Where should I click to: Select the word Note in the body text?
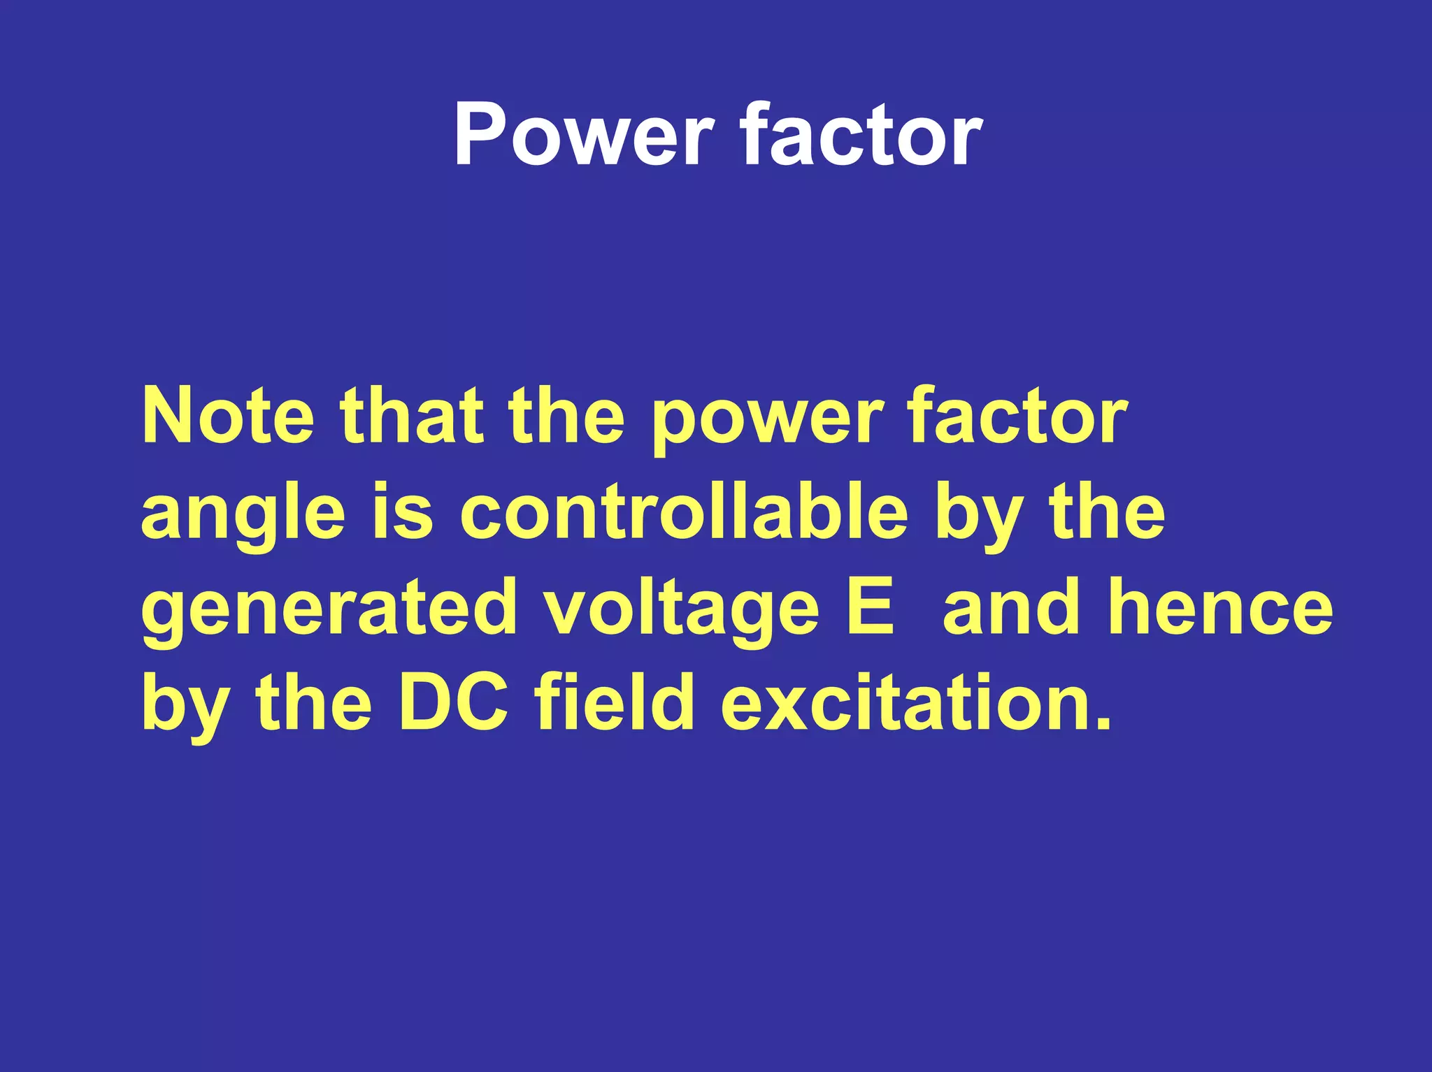[x=228, y=417]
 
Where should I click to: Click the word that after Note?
[x=412, y=417]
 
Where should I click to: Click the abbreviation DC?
[x=453, y=702]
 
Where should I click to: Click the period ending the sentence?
[x=1103, y=724]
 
